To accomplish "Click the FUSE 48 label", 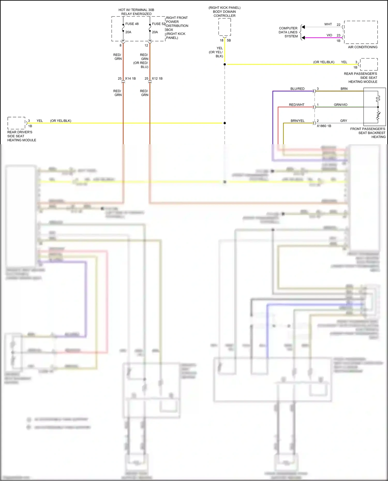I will [x=132, y=24].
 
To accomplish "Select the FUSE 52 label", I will [x=158, y=24].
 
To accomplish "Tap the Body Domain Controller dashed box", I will [x=225, y=27].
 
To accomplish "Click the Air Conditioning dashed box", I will [x=361, y=32].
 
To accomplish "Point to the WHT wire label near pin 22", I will [x=328, y=24].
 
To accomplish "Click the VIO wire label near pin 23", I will [x=329, y=35].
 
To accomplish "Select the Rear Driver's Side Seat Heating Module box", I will [x=16, y=123].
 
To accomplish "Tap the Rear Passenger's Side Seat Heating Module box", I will [x=369, y=64].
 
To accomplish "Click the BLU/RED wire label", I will [x=297, y=89].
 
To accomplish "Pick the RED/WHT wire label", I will [x=296, y=105].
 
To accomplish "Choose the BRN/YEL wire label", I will [x=297, y=121].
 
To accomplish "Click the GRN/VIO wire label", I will [x=340, y=105].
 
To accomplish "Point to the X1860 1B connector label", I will [x=324, y=126].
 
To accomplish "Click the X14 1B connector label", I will [x=130, y=79].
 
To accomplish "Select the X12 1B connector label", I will [x=157, y=79].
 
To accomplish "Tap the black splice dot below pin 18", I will [x=225, y=64].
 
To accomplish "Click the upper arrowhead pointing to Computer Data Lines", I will [x=303, y=27].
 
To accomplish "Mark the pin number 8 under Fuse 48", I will [x=120, y=45].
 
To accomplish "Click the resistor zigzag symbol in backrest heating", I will [x=378, y=117].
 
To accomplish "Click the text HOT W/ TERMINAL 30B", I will [x=136, y=10].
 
